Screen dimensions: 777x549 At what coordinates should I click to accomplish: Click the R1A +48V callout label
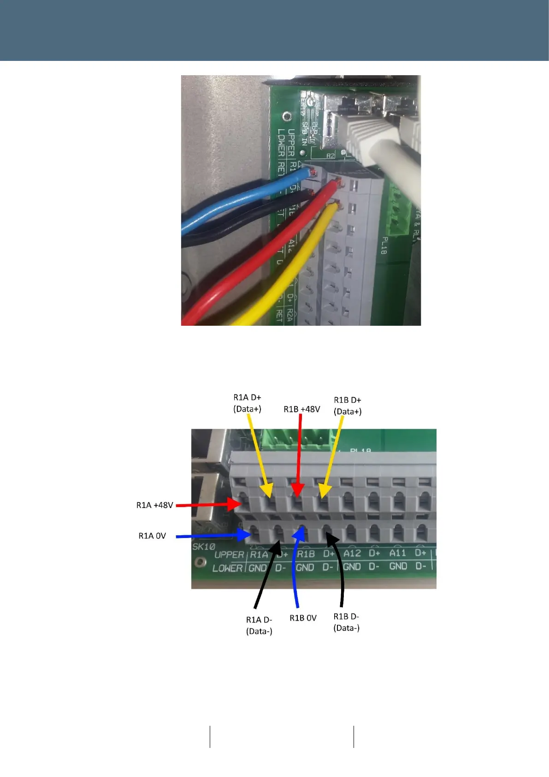[154, 505]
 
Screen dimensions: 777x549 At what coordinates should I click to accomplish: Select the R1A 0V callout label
[152, 536]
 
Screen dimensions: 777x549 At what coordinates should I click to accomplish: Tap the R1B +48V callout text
[301, 409]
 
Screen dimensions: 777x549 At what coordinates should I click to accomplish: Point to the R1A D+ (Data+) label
[247, 403]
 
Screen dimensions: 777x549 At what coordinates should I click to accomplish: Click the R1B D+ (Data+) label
[348, 406]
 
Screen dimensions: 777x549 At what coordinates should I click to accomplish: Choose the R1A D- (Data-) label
[259, 625]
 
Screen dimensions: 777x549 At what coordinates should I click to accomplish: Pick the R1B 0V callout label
[303, 618]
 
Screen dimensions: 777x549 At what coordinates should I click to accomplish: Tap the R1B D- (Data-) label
[346, 622]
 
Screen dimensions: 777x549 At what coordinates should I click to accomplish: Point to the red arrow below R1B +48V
[299, 454]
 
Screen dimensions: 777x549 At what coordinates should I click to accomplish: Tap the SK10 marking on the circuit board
[203, 547]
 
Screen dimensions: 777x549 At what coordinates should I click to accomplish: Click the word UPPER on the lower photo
[229, 555]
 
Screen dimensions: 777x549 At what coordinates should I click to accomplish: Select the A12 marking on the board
[352, 553]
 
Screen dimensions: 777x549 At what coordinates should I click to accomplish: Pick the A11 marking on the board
[397, 553]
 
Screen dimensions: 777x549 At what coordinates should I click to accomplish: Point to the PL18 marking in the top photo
[383, 246]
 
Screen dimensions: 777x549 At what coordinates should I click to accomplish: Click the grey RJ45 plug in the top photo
[364, 138]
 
